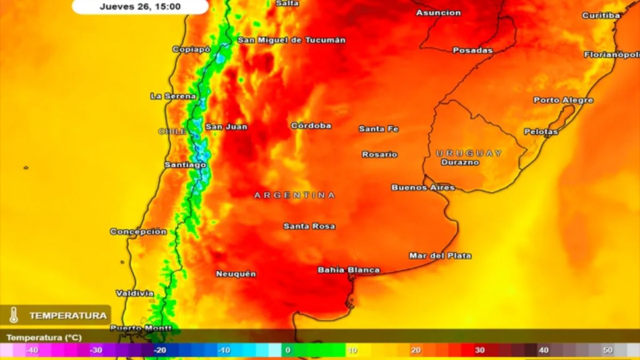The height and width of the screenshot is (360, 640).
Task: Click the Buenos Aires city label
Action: [x=423, y=187]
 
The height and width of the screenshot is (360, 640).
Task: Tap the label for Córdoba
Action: [x=311, y=126]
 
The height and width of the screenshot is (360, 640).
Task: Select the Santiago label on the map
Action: [x=185, y=165]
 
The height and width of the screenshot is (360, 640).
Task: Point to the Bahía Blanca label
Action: [x=349, y=270]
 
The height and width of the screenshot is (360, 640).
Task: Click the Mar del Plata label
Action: [x=440, y=255]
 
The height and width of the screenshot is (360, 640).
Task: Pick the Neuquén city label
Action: [x=236, y=274]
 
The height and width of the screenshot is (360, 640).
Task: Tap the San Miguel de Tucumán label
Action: [x=291, y=40]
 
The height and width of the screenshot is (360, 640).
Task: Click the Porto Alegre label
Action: [x=563, y=100]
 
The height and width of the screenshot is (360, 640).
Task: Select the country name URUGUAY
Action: [x=469, y=153]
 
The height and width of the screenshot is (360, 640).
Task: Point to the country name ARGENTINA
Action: [x=294, y=195]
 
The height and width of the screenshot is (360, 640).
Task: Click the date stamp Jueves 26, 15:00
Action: [x=140, y=7]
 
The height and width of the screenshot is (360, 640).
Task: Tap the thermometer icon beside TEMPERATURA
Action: [x=14, y=315]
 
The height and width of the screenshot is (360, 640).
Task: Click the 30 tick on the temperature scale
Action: [x=479, y=350]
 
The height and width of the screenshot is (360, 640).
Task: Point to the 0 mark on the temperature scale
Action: [x=287, y=350]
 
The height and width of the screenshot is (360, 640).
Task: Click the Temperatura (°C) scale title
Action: [x=44, y=338]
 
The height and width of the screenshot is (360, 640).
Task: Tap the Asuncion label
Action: [x=438, y=13]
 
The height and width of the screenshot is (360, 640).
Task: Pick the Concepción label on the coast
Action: [x=138, y=231]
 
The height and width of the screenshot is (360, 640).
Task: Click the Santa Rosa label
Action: [x=309, y=226]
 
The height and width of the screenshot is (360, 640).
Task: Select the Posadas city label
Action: [x=473, y=50]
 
